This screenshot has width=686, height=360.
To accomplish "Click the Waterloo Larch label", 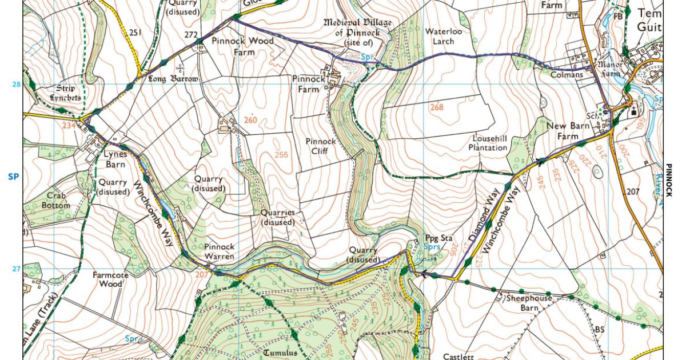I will pyautogui.click(x=443, y=36).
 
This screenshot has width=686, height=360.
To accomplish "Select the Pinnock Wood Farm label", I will pyautogui.click(x=242, y=46).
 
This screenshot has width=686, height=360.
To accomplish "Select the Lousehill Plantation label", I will pyautogui.click(x=490, y=143).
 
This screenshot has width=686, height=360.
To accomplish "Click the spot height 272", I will pyautogui.click(x=191, y=35).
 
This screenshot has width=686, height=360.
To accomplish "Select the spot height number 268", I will pyautogui.click(x=437, y=107).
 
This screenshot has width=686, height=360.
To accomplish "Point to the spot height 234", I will pyautogui.click(x=69, y=125).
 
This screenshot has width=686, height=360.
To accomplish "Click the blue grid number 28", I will pyautogui.click(x=15, y=85).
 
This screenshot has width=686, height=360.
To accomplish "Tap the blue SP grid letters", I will pyautogui.click(x=14, y=177).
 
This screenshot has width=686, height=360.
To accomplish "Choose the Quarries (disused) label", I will pyautogui.click(x=278, y=217).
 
